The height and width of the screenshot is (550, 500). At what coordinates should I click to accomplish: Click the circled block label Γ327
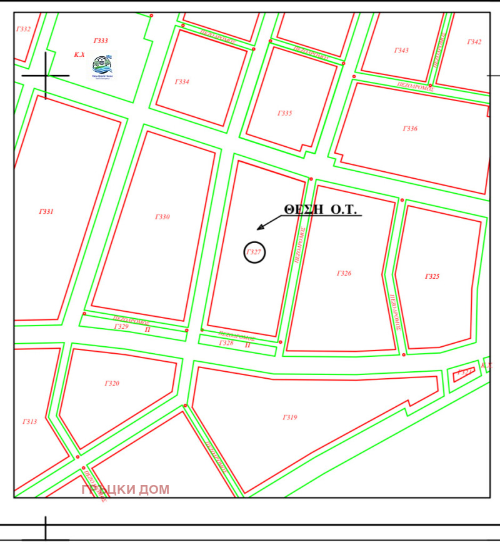[254, 252]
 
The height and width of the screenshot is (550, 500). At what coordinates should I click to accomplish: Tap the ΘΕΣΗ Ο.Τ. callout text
[320, 210]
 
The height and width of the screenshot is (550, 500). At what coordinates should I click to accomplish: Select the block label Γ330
[162, 217]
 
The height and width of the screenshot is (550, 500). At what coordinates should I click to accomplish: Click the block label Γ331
[46, 212]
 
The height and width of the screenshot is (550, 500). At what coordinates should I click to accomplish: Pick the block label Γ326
[344, 273]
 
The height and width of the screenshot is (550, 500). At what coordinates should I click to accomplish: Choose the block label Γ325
[432, 276]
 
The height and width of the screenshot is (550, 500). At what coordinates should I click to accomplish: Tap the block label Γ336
[410, 129]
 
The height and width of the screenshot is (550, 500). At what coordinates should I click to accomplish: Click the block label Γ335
[284, 114]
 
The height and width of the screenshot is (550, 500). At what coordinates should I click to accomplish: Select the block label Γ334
[182, 82]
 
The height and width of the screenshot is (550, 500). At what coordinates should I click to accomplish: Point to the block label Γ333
[101, 41]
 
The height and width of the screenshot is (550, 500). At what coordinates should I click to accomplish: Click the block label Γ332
[23, 29]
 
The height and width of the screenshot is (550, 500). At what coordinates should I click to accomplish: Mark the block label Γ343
[401, 51]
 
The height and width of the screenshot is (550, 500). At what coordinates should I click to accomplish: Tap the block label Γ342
[474, 42]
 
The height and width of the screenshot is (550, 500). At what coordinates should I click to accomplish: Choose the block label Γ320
[112, 384]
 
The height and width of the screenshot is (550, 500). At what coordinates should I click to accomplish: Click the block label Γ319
[289, 417]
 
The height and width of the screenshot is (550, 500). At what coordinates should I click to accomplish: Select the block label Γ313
[29, 422]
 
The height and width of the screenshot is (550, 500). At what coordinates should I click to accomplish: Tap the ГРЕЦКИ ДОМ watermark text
[125, 489]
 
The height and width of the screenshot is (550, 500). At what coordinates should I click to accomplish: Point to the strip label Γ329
[121, 327]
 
